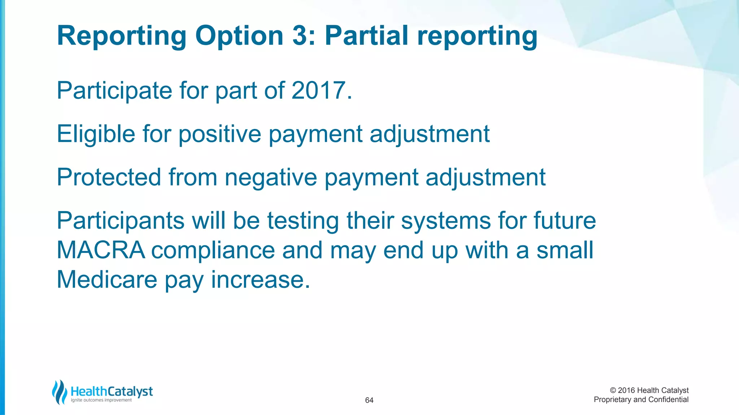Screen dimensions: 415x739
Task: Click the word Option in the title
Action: (239, 36)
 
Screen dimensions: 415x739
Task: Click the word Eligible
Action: (96, 134)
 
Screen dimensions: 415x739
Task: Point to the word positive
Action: (219, 134)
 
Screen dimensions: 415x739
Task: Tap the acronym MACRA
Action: (101, 250)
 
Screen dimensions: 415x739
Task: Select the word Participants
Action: (121, 221)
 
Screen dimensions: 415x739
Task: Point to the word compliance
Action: (213, 251)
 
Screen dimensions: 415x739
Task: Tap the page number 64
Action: (369, 400)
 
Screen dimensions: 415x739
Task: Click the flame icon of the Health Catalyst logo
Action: (60, 392)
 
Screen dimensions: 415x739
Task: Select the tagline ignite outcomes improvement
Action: (101, 400)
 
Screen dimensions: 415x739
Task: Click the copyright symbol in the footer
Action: (613, 391)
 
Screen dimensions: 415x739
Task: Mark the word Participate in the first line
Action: (114, 91)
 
